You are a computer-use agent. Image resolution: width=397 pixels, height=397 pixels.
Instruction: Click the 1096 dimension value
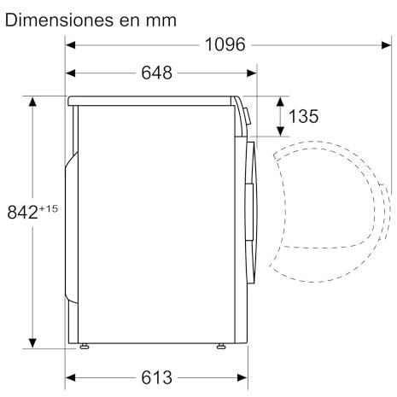[225, 44]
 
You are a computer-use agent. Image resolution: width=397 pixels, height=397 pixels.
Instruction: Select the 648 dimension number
[157, 73]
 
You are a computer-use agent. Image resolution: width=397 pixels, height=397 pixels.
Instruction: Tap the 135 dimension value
[303, 116]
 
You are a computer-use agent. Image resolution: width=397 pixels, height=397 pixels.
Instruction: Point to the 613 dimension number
[157, 377]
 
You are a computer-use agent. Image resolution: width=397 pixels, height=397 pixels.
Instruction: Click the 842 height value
[23, 213]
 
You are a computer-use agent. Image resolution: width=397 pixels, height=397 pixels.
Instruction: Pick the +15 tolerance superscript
[49, 209]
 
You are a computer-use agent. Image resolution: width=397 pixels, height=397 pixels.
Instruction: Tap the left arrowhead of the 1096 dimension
[70, 45]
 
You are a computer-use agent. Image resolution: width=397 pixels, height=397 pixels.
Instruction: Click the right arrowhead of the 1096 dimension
[386, 45]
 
